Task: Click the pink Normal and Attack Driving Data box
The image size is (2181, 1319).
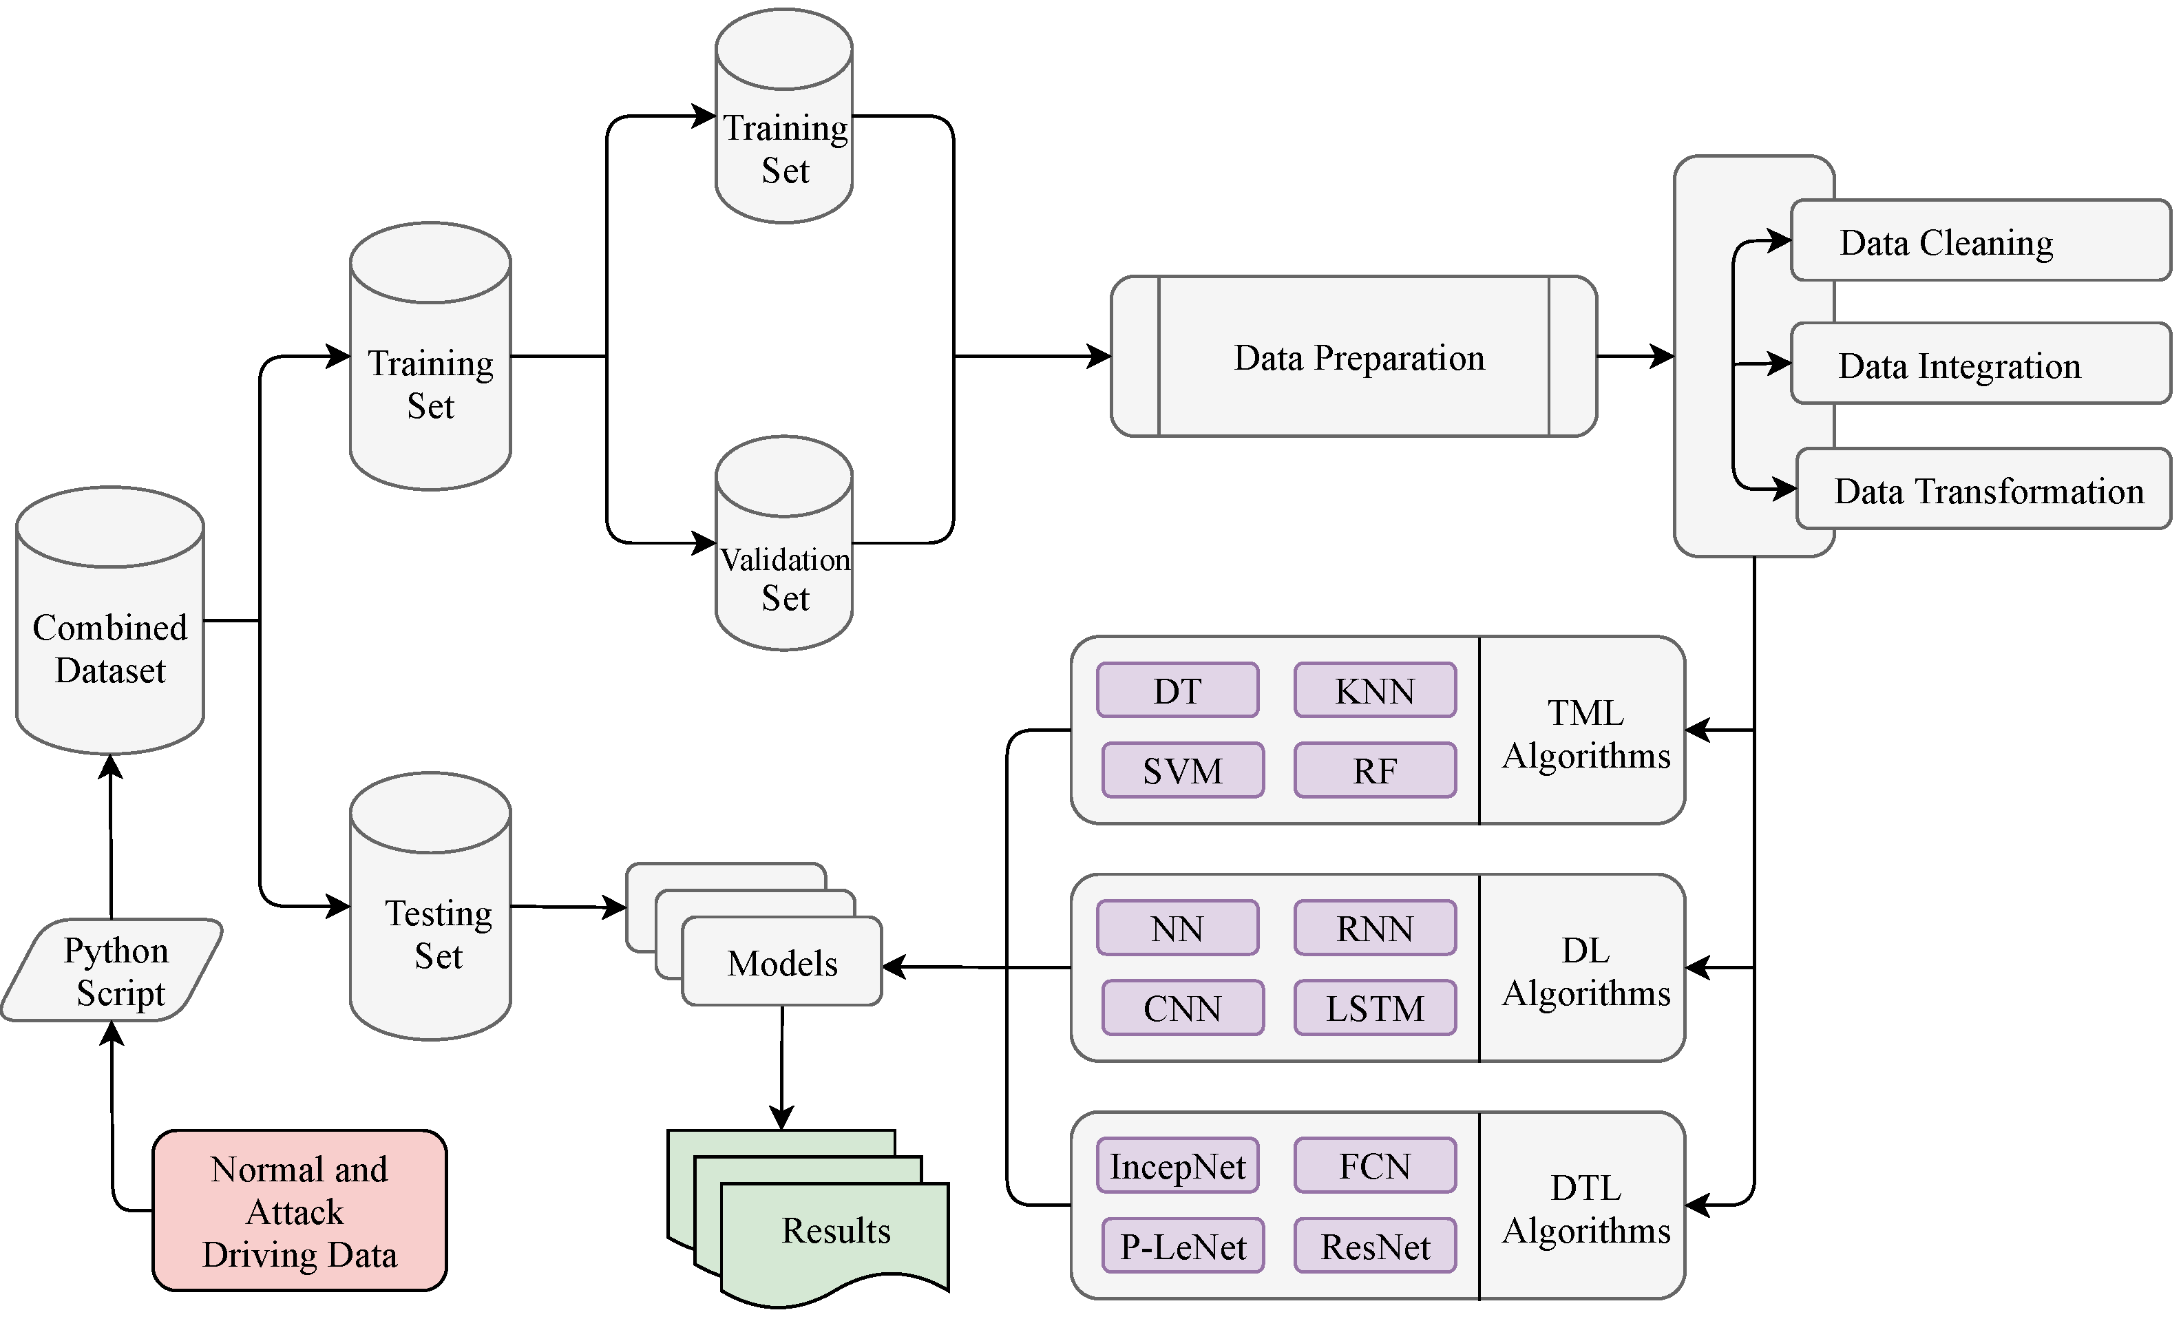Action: (x=299, y=1210)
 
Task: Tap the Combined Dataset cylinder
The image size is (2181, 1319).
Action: (x=109, y=637)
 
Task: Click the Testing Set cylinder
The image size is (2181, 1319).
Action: (x=430, y=920)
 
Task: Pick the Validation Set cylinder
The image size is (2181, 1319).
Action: (x=783, y=567)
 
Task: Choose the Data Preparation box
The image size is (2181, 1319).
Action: (x=1354, y=357)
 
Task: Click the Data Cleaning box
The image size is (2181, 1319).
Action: (x=1979, y=241)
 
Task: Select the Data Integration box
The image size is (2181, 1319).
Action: (x=1979, y=364)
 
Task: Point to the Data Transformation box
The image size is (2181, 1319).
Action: (x=1983, y=489)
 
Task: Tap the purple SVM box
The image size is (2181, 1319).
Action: (x=1183, y=770)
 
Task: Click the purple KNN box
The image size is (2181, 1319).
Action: (x=1375, y=690)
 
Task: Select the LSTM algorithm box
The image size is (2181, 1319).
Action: (x=1375, y=1007)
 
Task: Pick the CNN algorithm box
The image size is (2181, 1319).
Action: (x=1183, y=1007)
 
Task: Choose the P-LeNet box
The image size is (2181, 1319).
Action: (x=1183, y=1245)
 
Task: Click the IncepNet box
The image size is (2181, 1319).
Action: (x=1177, y=1166)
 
